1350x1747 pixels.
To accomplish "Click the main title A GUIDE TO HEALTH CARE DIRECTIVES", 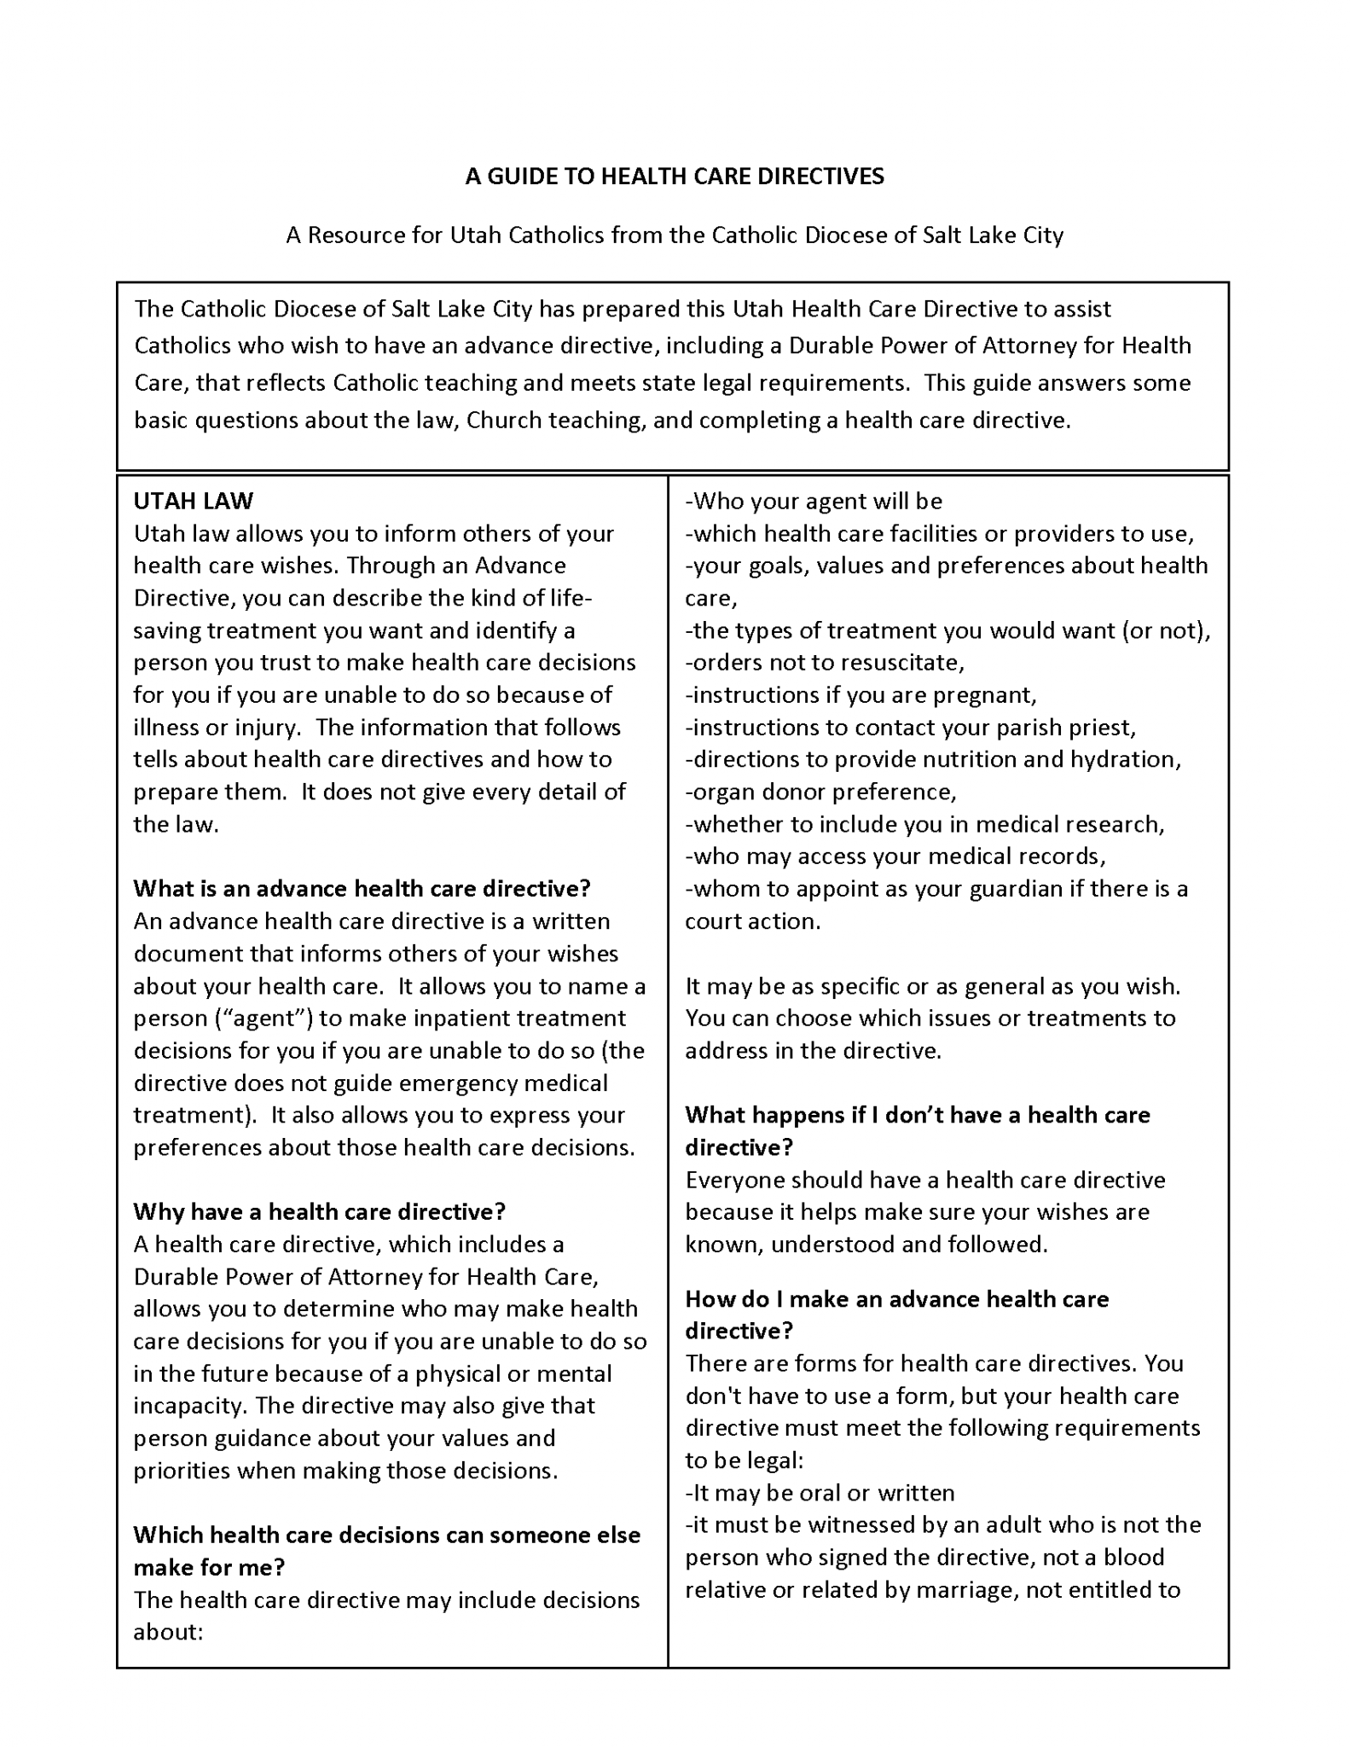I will tap(675, 177).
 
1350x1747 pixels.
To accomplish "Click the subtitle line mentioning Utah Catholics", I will tap(675, 235).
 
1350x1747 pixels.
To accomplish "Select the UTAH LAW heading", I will tap(194, 501).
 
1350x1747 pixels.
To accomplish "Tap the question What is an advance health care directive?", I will tap(362, 889).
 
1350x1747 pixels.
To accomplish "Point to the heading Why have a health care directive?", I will tap(320, 1211).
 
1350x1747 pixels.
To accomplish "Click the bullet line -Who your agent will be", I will tap(814, 501).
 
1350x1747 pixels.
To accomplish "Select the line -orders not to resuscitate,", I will tap(825, 663).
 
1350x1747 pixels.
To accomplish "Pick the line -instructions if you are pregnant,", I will tap(860, 695).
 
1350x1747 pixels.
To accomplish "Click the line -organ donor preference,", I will tap(820, 792).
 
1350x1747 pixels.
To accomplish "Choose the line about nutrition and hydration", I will tap(933, 760).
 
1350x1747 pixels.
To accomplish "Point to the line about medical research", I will tap(924, 825).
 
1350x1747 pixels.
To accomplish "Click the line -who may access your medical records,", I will tap(895, 856).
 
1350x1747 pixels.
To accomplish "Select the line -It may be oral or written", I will tap(820, 1493).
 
